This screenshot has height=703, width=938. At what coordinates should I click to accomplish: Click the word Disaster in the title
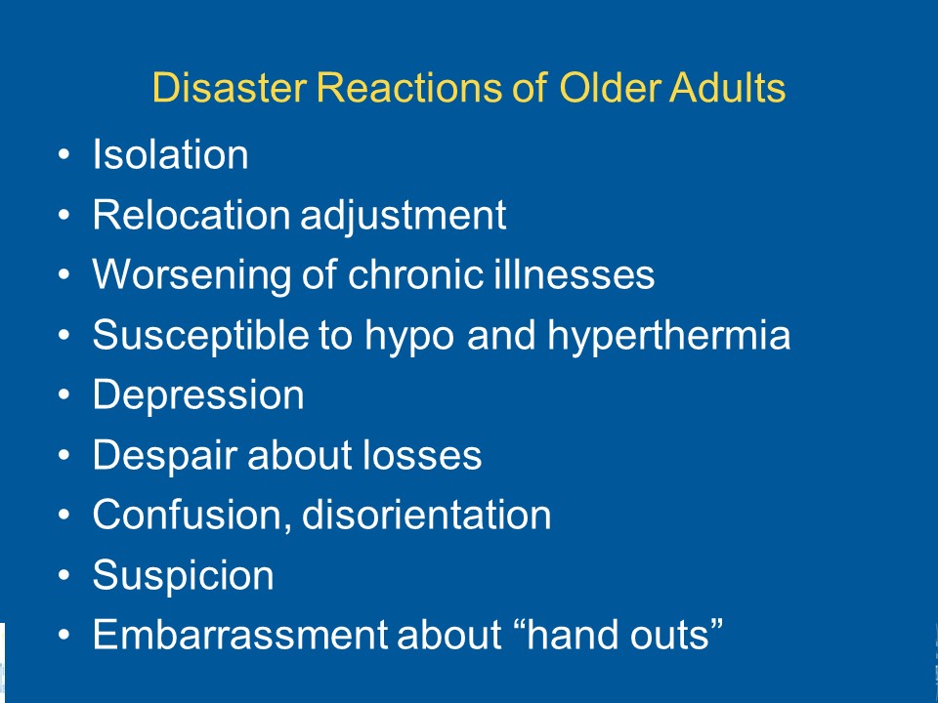[x=229, y=88]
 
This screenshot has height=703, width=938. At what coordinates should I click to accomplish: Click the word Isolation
[x=170, y=154]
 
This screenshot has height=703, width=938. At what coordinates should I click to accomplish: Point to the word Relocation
[x=192, y=215]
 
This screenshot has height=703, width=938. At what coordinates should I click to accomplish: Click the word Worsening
[x=192, y=276]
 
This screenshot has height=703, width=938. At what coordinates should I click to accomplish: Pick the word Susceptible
[x=200, y=336]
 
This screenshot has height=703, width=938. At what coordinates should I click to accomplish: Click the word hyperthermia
[x=669, y=336]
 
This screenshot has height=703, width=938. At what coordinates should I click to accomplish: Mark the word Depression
[x=198, y=396]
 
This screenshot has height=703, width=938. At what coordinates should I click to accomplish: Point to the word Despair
[x=165, y=456]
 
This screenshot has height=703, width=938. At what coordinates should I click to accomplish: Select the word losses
[x=422, y=455]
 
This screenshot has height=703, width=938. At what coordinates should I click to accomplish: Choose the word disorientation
[x=427, y=515]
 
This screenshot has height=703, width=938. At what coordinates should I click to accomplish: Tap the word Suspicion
[x=184, y=576]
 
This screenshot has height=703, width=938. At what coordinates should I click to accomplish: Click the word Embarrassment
[x=240, y=635]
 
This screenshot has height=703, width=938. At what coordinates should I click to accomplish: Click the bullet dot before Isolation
[x=64, y=154]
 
